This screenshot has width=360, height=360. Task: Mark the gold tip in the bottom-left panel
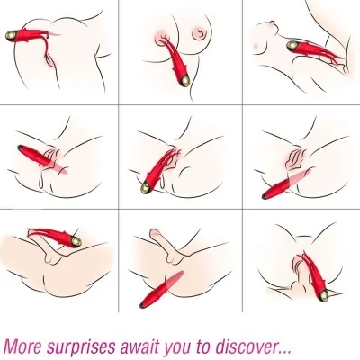[82, 242]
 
